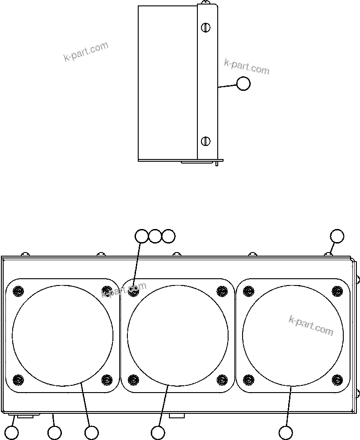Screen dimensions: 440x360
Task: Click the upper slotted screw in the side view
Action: click(x=206, y=28)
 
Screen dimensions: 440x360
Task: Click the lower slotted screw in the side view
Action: click(x=206, y=141)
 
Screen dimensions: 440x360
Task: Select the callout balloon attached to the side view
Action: click(x=243, y=84)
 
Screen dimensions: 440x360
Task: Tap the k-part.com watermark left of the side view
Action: click(x=86, y=51)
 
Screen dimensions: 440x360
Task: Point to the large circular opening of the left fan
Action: click(x=62, y=335)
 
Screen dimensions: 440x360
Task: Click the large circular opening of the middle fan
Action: click(x=178, y=335)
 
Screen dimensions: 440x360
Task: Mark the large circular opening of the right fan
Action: click(x=293, y=335)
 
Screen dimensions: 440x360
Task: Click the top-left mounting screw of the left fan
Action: click(x=18, y=290)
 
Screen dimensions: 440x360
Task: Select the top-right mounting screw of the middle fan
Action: click(x=221, y=290)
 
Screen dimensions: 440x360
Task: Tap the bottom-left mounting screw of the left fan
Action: click(x=18, y=379)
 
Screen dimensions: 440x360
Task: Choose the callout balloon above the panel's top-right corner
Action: click(x=337, y=236)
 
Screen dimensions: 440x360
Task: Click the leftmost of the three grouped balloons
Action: click(x=142, y=236)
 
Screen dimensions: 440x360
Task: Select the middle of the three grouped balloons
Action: click(x=155, y=236)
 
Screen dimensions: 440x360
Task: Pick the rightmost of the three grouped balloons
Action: click(x=168, y=236)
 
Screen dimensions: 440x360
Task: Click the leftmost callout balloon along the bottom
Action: click(x=12, y=432)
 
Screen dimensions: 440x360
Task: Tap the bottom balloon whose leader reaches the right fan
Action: click(x=285, y=432)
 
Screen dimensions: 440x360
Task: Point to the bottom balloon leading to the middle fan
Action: click(x=158, y=432)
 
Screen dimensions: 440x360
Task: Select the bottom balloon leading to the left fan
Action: click(x=91, y=432)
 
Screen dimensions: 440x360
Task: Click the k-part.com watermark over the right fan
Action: click(x=311, y=325)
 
